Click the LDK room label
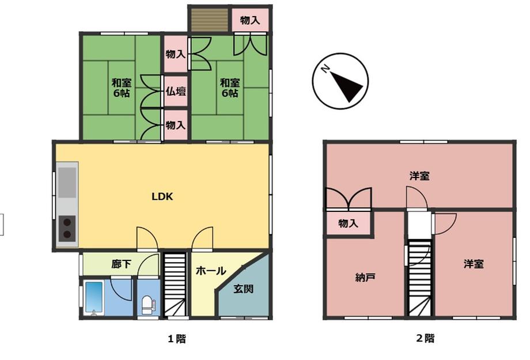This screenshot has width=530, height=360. click(x=162, y=196)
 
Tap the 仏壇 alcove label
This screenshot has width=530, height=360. click(x=176, y=91)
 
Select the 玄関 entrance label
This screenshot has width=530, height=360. click(x=244, y=289)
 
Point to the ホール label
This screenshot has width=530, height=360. click(x=211, y=271)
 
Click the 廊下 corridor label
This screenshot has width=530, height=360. click(x=122, y=264)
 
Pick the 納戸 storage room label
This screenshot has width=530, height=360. click(x=365, y=278)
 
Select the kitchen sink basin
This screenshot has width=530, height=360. click(x=67, y=183)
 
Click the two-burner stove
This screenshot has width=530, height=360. click(x=67, y=229)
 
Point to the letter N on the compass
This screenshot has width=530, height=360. click(x=325, y=69)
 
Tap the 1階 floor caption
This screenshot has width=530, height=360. click(x=177, y=338)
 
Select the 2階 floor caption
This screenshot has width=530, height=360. click(x=425, y=338)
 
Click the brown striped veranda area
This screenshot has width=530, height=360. click(x=210, y=20)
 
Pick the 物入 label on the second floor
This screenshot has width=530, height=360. click(x=348, y=223)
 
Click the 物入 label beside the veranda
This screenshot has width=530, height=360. click(x=250, y=20)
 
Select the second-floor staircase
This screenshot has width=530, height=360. click(x=420, y=278)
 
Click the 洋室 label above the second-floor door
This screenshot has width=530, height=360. click(x=419, y=176)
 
